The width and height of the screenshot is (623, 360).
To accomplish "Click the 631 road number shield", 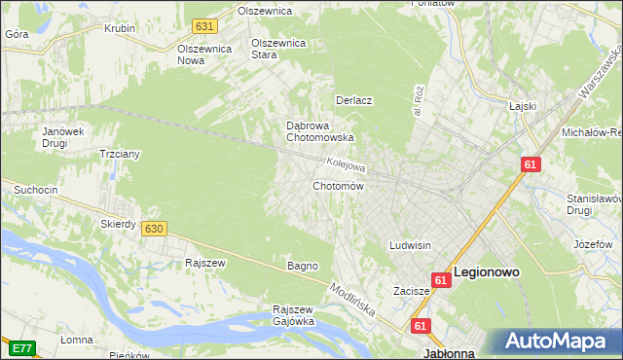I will pyautogui.click(x=203, y=25).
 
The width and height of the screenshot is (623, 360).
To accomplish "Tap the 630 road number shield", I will pyautogui.click(x=153, y=229).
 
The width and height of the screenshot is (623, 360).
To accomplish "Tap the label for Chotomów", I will pyautogui.click(x=338, y=186).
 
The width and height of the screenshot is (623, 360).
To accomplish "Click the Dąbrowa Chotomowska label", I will pyautogui.click(x=319, y=131).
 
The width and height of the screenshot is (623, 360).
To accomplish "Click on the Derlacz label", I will pyautogui.click(x=355, y=100).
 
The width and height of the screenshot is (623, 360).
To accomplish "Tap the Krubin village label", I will pyautogui.click(x=120, y=28).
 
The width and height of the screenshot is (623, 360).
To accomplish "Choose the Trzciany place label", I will pyautogui.click(x=122, y=154).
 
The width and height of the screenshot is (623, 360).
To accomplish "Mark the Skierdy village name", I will pyautogui.click(x=118, y=224).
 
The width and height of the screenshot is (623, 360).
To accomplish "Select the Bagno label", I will pyautogui.click(x=302, y=266).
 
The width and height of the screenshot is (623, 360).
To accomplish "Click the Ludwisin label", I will pyautogui.click(x=410, y=245).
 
